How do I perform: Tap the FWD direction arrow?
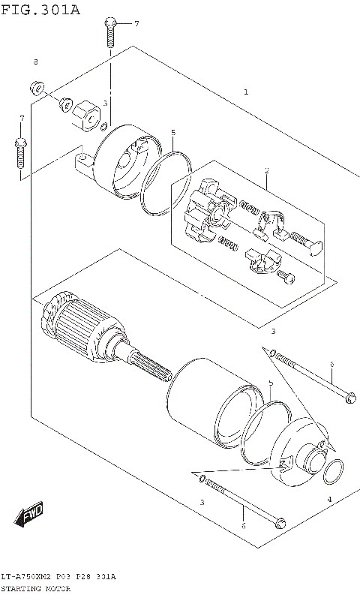[29, 516]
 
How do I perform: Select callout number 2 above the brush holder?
[265, 171]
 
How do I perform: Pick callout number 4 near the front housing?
[328, 499]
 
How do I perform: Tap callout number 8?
[35, 62]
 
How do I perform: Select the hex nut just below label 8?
[35, 86]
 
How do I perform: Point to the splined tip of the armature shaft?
[154, 368]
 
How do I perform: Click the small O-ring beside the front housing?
[333, 472]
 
